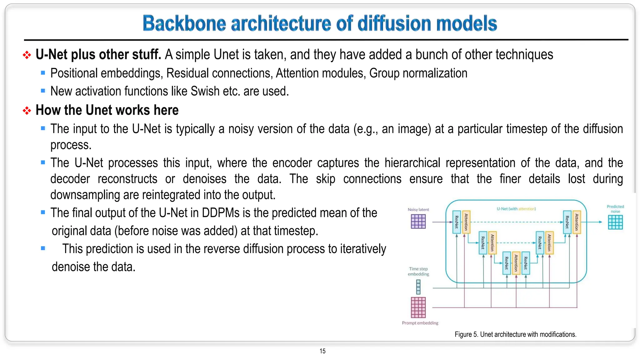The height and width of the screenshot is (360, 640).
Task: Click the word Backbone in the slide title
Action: [x=184, y=23]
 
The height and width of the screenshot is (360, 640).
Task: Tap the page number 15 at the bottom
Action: [x=322, y=351]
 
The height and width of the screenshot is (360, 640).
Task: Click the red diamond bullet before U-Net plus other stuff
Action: [x=27, y=55]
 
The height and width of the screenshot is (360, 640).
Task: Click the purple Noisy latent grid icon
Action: [x=418, y=222]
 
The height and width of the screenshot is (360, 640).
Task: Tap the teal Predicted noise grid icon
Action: [x=615, y=222]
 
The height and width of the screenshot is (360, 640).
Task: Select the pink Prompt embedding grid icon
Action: [x=418, y=307]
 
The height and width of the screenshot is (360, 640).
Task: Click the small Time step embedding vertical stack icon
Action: [x=418, y=287]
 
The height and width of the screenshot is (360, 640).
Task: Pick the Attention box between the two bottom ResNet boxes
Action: [x=516, y=263]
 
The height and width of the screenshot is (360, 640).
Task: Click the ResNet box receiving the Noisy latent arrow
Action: [x=457, y=222]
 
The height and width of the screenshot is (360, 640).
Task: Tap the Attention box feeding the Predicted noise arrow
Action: [x=577, y=222]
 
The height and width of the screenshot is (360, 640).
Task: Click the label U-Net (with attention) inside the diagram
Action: [x=516, y=209]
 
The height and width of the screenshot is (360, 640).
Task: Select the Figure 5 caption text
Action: [x=515, y=334]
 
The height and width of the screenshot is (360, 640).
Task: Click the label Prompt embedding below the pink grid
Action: [x=420, y=323]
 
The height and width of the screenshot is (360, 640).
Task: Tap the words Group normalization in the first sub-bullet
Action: [x=418, y=73]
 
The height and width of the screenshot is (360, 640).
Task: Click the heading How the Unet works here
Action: [x=107, y=110]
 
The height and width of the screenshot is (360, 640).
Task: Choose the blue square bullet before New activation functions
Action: [x=43, y=91]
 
